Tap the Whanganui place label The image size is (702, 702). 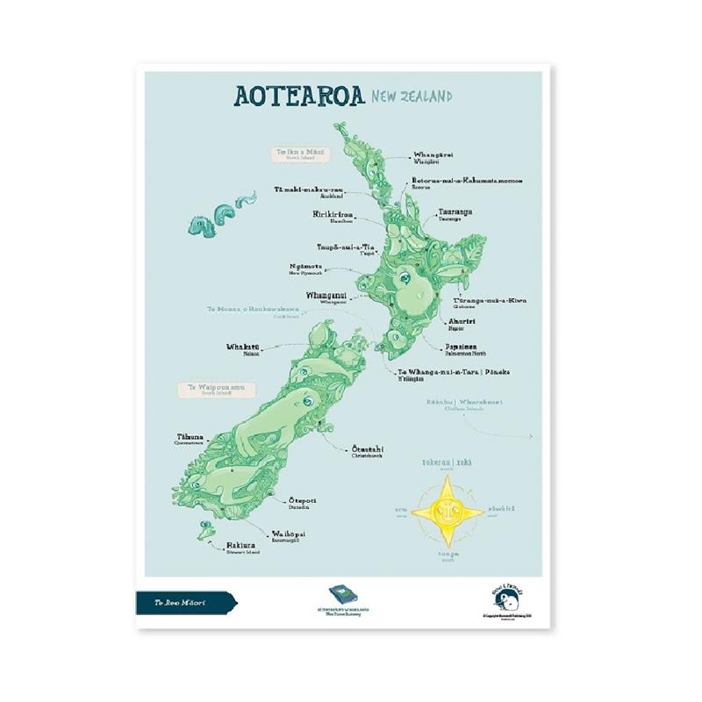click(327, 297)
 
